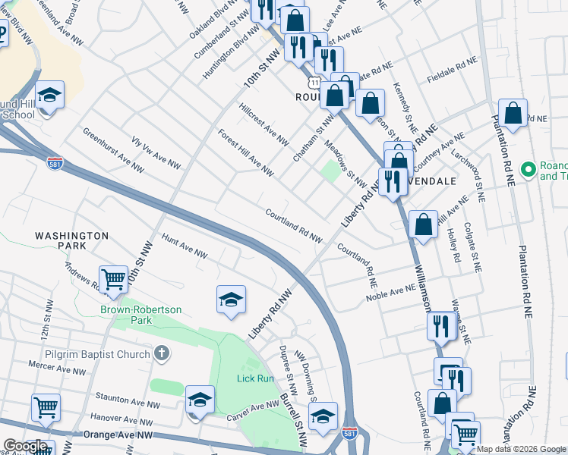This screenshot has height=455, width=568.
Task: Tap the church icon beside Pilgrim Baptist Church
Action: pyautogui.click(x=160, y=353)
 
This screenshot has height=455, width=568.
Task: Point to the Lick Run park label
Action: pyautogui.click(x=254, y=378)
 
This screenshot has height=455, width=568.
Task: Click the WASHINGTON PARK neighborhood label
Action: pyautogui.click(x=71, y=242)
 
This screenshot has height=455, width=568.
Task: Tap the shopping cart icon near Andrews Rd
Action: pyautogui.click(x=113, y=278)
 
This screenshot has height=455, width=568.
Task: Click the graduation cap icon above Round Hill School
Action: pyautogui.click(x=49, y=95)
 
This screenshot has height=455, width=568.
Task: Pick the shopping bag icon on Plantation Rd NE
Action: pyautogui.click(x=513, y=113)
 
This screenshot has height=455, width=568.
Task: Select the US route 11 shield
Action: pyautogui.click(x=313, y=81)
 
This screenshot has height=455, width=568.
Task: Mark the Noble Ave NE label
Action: pyautogui.click(x=390, y=292)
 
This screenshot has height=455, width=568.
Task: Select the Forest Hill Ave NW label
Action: pyautogui.click(x=245, y=152)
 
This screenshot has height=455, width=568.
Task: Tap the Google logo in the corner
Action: pyautogui.click(x=25, y=447)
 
